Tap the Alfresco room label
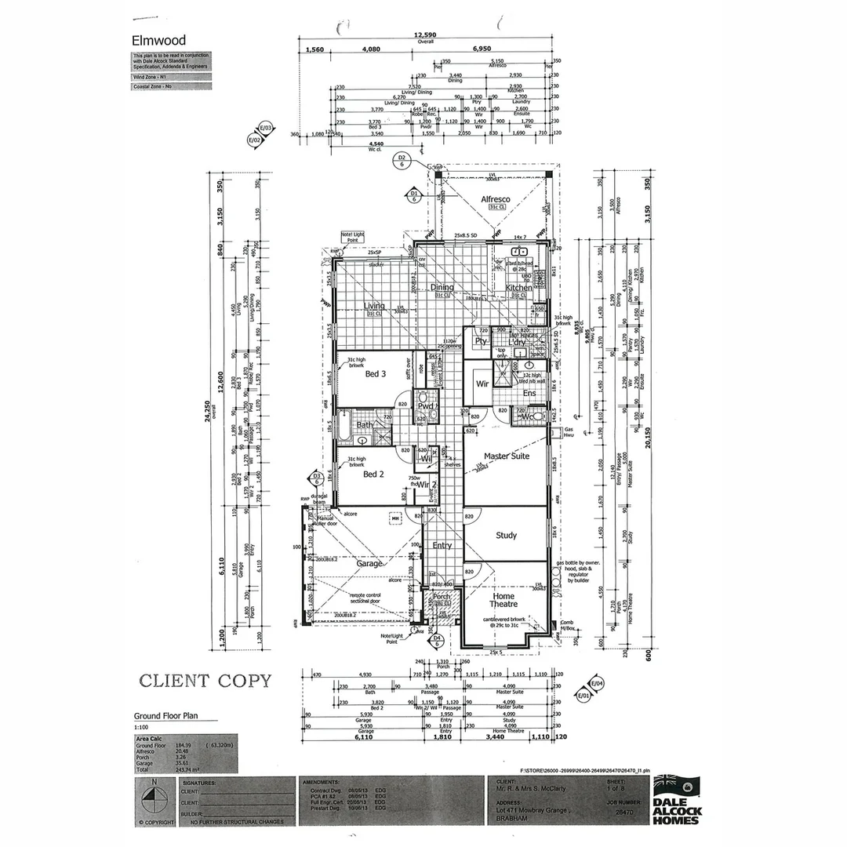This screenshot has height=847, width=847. tap(495, 199)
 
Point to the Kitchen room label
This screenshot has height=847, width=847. tap(518, 288)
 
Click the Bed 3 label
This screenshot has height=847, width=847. tap(376, 374)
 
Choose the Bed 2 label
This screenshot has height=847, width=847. tap(373, 474)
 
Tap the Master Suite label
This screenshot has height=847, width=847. tap(506, 456)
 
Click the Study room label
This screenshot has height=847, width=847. tap(506, 535)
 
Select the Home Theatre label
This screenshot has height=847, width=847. tap(503, 600)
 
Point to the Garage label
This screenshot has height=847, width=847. tap(369, 563)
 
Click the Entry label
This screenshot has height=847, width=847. tap(442, 546)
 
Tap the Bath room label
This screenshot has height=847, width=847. tap(365, 425)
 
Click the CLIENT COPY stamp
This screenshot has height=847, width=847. tap(205, 681)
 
